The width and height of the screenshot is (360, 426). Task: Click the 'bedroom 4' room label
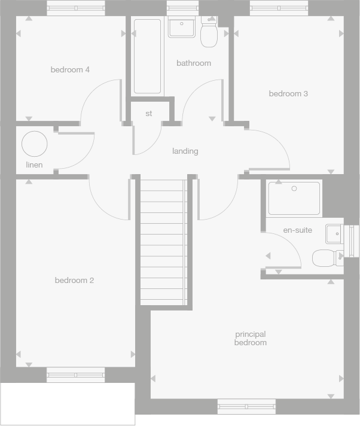(x=70, y=70)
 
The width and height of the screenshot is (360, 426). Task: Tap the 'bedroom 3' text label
(x=288, y=94)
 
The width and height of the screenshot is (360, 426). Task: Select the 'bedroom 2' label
(x=74, y=281)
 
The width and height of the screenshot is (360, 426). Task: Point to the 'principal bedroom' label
(x=251, y=339)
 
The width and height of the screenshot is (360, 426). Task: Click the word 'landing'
(x=185, y=151)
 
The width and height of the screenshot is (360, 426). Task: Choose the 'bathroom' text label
(x=193, y=63)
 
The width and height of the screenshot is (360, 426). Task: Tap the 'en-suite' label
(x=297, y=230)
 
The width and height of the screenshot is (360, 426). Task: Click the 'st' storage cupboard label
(x=149, y=114)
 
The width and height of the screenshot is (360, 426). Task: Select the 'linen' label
(x=34, y=165)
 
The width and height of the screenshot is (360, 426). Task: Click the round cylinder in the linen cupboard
(x=34, y=144)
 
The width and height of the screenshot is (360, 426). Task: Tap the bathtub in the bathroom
(x=147, y=56)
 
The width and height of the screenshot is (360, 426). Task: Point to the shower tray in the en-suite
(x=294, y=199)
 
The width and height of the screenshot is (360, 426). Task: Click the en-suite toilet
(x=326, y=258)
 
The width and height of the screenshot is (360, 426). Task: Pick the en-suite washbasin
(x=334, y=234)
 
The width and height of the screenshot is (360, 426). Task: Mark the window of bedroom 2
(x=76, y=375)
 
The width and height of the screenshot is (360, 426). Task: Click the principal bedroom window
(x=246, y=407)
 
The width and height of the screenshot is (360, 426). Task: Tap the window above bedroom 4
(x=76, y=8)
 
